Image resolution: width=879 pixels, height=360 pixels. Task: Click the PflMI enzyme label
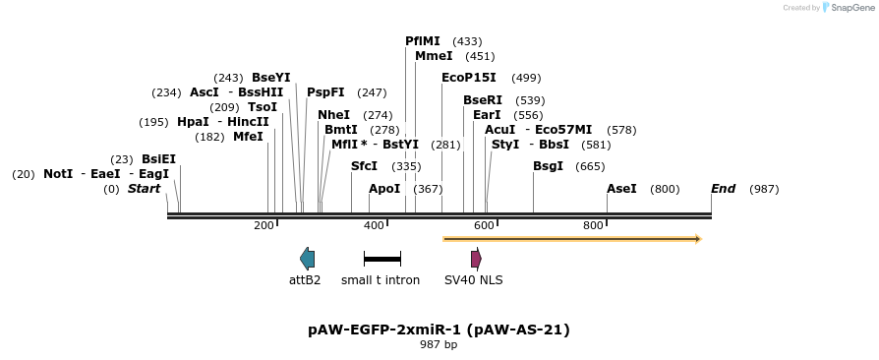click(x=424, y=41)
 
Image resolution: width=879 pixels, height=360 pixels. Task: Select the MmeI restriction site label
click(x=434, y=56)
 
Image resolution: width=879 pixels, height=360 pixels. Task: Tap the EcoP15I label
click(x=469, y=78)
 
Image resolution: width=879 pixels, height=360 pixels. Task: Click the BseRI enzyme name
click(x=483, y=100)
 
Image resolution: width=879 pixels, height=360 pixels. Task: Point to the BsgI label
click(x=548, y=166)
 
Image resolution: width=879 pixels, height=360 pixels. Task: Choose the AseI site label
click(x=621, y=189)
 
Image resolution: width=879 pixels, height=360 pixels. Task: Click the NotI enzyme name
click(x=58, y=174)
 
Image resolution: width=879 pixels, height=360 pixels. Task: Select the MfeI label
click(x=248, y=137)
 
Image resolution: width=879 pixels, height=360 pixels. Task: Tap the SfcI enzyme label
click(x=364, y=166)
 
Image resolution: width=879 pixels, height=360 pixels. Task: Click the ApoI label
click(x=384, y=189)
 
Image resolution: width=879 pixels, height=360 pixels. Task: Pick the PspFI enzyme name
click(x=325, y=92)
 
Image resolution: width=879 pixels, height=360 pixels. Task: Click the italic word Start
click(x=144, y=189)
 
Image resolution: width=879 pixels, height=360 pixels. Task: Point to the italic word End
click(x=723, y=189)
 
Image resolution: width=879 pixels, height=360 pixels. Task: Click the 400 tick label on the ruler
click(x=374, y=226)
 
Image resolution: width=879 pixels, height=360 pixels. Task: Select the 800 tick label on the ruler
click(x=593, y=226)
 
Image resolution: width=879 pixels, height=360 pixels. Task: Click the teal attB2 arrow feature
click(x=307, y=259)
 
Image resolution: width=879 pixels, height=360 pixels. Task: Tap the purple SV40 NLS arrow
click(x=476, y=259)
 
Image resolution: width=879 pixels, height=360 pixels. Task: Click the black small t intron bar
click(x=381, y=259)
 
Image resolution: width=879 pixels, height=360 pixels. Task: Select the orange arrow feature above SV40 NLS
click(x=571, y=238)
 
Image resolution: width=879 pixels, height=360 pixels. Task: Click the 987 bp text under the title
click(x=439, y=344)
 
